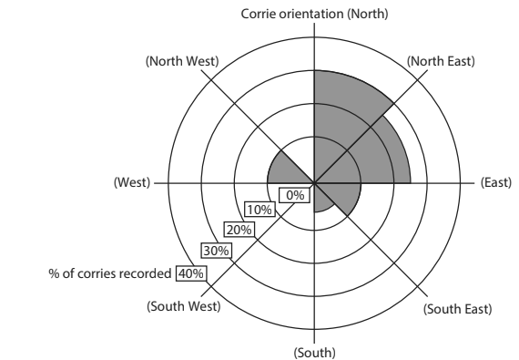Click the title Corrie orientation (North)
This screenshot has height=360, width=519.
pyautogui.click(x=314, y=13)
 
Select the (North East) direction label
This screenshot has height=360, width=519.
pyautogui.click(x=441, y=61)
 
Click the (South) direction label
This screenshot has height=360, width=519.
pyautogui.click(x=314, y=352)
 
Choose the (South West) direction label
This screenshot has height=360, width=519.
pyautogui.click(x=183, y=306)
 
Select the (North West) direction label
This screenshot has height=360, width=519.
pyautogui.click(x=180, y=61)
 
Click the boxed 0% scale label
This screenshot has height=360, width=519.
pyautogui.click(x=295, y=194)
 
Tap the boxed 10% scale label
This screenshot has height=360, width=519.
pyautogui.click(x=259, y=211)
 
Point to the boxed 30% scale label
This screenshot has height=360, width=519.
pyautogui.click(x=216, y=250)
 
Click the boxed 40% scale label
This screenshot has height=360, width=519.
pyautogui.click(x=191, y=272)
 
